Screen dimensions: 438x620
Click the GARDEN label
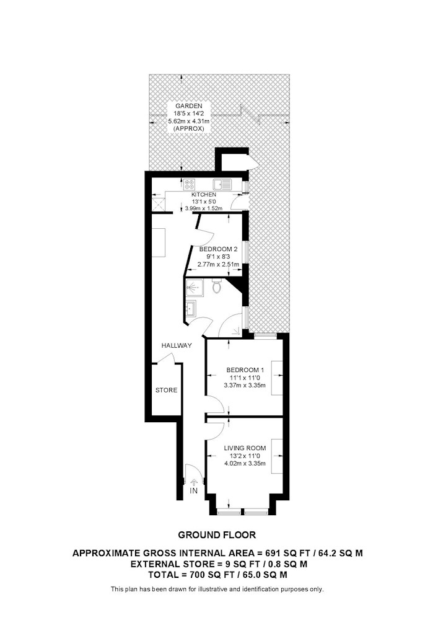click(189, 106)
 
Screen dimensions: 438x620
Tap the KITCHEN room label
click(204, 195)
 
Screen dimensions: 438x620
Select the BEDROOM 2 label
click(219, 249)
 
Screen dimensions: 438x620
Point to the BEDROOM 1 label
click(245, 370)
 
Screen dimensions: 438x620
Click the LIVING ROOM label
click(245, 448)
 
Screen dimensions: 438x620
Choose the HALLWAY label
click(177, 345)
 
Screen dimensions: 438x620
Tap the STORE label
click(166, 390)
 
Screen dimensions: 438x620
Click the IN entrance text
click(193, 490)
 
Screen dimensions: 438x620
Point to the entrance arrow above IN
click(193, 482)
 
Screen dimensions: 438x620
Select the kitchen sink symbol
click(222, 184)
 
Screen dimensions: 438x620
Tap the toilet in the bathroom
click(216, 286)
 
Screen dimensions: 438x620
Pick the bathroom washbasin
click(190, 308)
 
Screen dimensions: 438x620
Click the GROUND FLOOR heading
click(217, 535)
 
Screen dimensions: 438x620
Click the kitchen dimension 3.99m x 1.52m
click(204, 208)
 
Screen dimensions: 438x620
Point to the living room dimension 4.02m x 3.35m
click(245, 463)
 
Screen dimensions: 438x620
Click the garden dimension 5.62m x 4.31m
click(189, 121)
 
